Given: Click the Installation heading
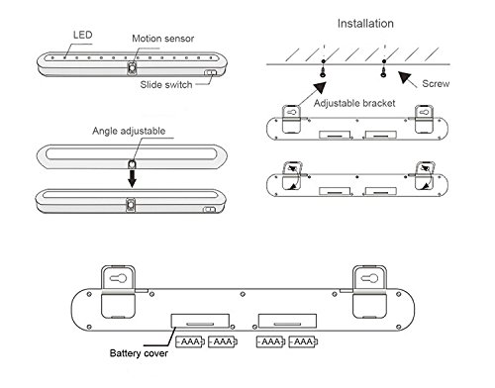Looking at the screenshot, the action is (365, 24).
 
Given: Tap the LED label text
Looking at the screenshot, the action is (82, 35).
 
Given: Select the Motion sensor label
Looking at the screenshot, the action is (162, 39).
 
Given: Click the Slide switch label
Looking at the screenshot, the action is (166, 85).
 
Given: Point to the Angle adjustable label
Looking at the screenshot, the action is (129, 131).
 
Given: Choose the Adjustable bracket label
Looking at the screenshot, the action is (354, 103).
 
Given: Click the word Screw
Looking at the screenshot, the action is (436, 84).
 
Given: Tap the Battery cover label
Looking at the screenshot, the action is (139, 353).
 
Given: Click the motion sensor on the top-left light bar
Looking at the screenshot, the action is (133, 68).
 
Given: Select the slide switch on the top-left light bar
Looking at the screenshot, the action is (210, 72).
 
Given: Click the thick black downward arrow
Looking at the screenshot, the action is (132, 178).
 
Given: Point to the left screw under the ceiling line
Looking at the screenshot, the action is (323, 72).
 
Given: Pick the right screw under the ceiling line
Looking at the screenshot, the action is (383, 72).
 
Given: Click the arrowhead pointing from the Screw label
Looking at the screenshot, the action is (405, 78).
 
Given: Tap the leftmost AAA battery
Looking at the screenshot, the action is (190, 341).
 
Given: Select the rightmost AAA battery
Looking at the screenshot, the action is (303, 341).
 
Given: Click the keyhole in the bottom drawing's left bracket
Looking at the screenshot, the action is (118, 278).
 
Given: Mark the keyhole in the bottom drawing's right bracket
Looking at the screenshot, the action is (369, 278).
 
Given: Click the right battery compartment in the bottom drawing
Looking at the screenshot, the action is (287, 321).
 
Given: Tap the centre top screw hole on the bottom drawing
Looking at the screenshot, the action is (243, 294).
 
